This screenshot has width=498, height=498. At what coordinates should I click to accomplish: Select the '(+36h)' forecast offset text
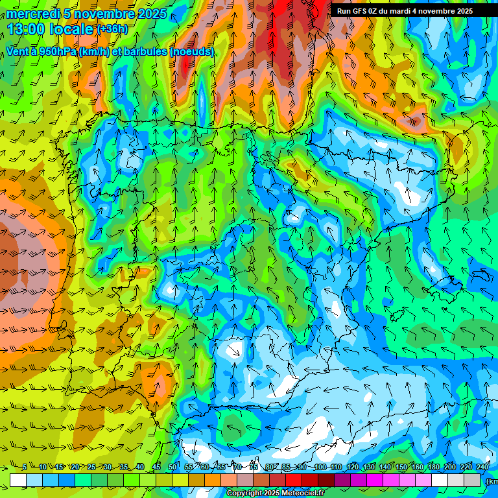point(112,29)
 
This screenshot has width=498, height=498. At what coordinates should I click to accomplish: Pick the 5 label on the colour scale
point(25,468)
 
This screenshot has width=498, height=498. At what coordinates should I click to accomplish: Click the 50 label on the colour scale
point(172,468)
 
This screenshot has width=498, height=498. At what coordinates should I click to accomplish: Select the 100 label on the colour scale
point(320,468)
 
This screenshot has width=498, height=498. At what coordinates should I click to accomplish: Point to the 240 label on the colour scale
point(483,468)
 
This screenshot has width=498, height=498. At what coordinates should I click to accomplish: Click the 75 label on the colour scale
point(254,468)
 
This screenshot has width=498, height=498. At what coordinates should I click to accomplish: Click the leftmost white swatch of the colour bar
point(18,480)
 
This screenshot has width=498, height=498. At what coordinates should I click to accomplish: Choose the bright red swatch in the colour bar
point(294,480)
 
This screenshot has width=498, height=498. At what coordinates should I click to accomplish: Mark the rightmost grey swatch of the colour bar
point(473,480)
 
